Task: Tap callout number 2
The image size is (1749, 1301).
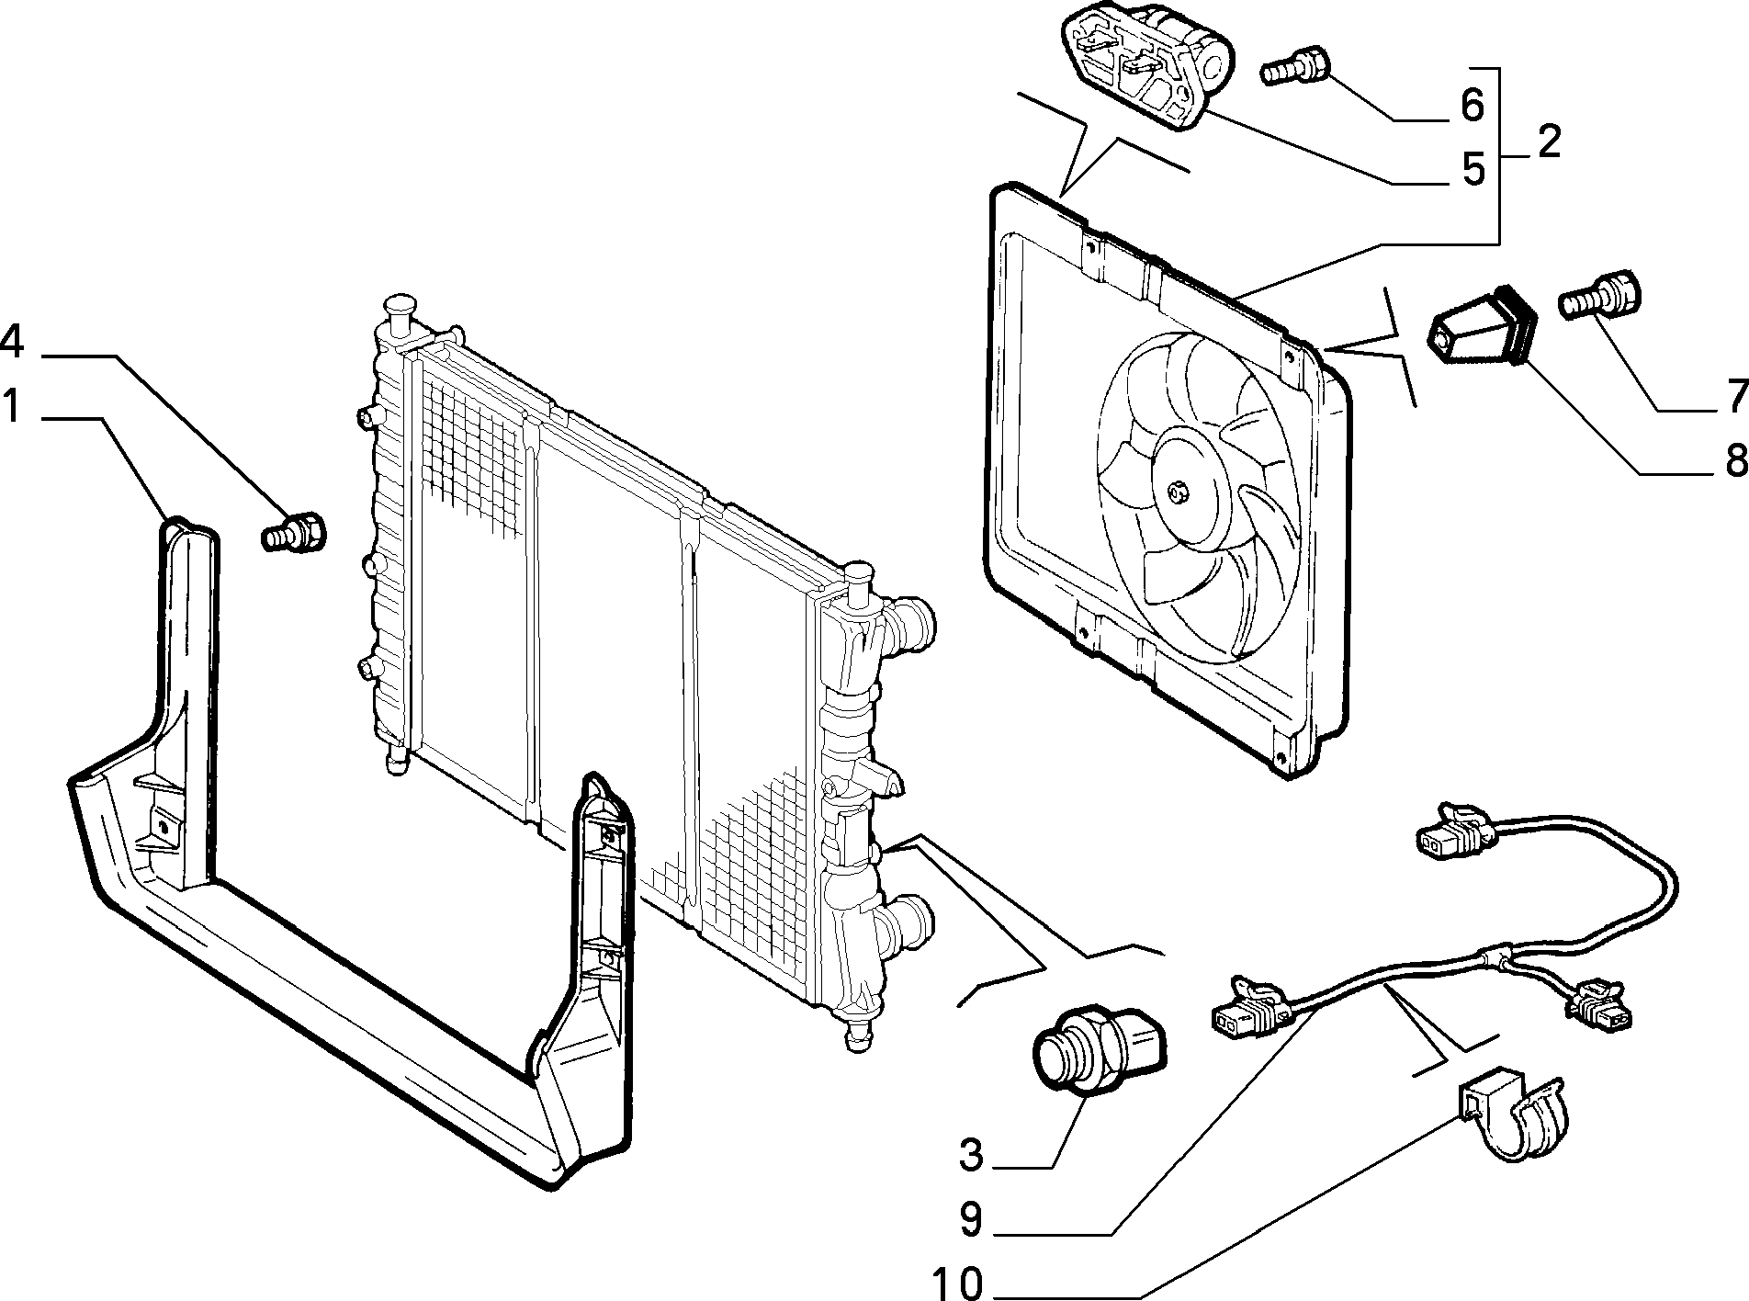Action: point(1548,142)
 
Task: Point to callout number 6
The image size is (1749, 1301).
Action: point(1472,106)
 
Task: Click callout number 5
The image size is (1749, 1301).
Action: point(1473,169)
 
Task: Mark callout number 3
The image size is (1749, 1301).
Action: point(971,1154)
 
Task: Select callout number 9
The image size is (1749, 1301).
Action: point(971,1218)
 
